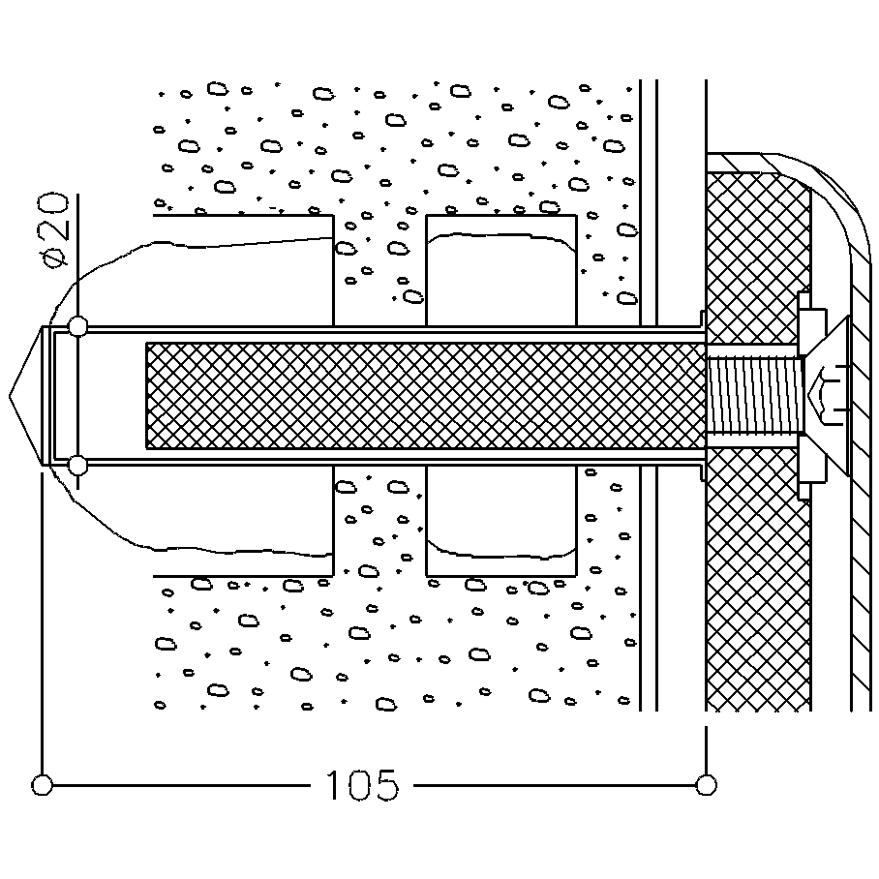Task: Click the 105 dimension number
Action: [x=361, y=784]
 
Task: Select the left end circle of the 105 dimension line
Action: [x=42, y=783]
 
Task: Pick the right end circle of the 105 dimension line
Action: [x=706, y=783]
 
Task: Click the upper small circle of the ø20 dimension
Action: [x=79, y=326]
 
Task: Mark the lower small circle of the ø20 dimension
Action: [x=79, y=467]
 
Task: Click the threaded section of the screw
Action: [x=755, y=395]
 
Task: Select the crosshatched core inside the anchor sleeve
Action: [x=426, y=395]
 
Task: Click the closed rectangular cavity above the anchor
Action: [x=500, y=271]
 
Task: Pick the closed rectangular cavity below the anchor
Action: [x=500, y=518]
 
